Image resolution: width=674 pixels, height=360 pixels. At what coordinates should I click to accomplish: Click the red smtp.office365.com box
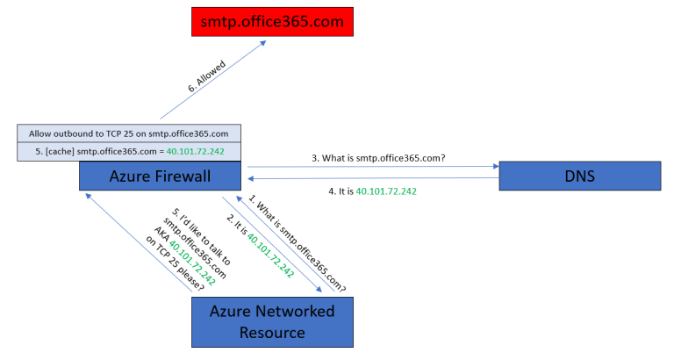pyautogui.click(x=274, y=20)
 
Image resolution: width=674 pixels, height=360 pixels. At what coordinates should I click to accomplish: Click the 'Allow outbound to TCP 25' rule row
pyautogui.click(x=128, y=133)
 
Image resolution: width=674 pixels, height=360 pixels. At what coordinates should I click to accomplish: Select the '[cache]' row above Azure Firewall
pyautogui.click(x=128, y=152)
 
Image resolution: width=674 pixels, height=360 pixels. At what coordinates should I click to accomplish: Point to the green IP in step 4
pyautogui.click(x=386, y=191)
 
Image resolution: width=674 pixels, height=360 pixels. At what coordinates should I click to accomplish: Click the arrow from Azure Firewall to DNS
pyautogui.click(x=373, y=166)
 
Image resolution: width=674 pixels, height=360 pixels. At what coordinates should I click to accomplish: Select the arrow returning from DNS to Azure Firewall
pyautogui.click(x=373, y=179)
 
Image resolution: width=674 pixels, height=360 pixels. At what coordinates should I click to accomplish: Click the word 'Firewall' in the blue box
pyautogui.click(x=186, y=176)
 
